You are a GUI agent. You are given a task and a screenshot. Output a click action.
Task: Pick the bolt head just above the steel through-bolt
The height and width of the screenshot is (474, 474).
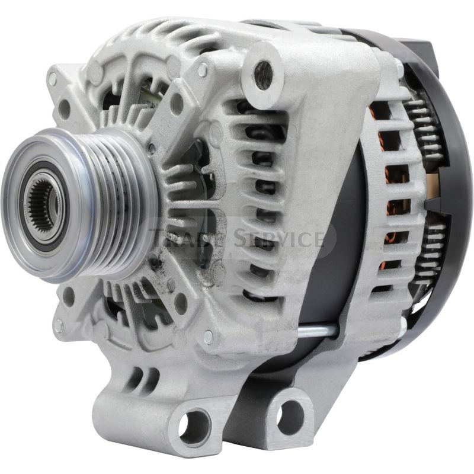(208, 337)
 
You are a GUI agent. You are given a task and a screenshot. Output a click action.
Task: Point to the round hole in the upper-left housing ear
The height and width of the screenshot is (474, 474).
(64, 110)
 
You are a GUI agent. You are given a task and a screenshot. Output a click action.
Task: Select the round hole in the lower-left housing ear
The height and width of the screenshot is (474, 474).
(69, 296)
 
